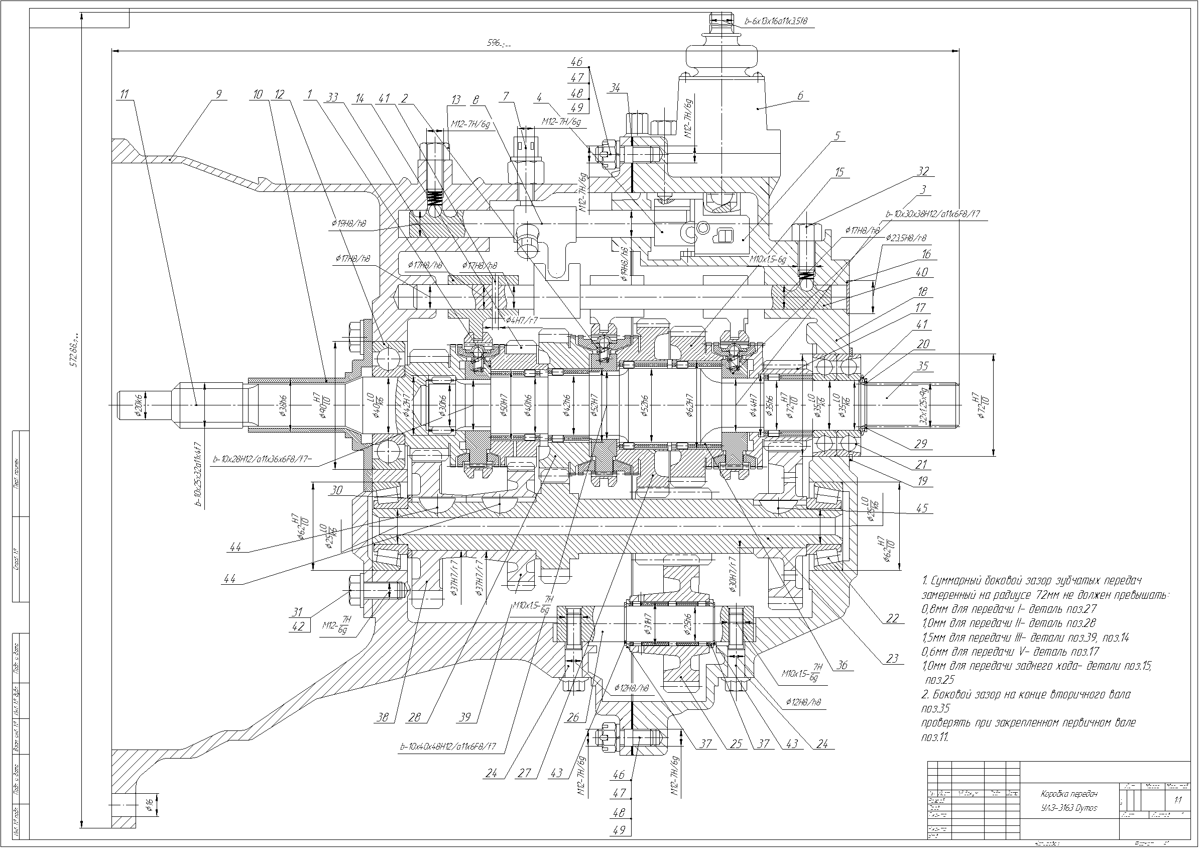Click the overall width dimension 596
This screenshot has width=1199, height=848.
[x=499, y=44]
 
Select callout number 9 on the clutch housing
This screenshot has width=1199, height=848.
[x=218, y=94]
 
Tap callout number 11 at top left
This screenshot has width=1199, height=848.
[x=124, y=94]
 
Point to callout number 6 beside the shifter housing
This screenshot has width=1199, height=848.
[x=799, y=95]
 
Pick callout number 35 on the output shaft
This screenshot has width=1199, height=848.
[x=922, y=366]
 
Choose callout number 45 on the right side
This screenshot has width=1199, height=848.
[x=922, y=508]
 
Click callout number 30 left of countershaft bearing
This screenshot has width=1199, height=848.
[x=337, y=490]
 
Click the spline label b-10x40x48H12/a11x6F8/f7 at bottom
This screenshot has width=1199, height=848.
[x=447, y=747]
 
